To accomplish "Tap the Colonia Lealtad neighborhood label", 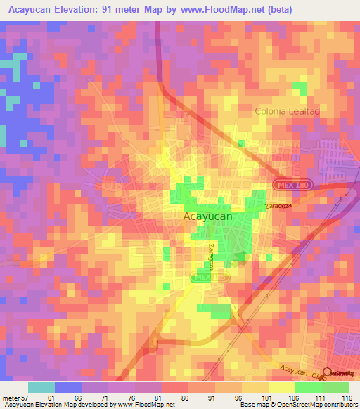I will pyautogui.click(x=287, y=111).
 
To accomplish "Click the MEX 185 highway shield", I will pyautogui.click(x=209, y=279).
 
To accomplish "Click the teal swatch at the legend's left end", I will pyautogui.click(x=41, y=387).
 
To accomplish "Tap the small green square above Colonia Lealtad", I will pyautogui.click(x=300, y=89).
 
